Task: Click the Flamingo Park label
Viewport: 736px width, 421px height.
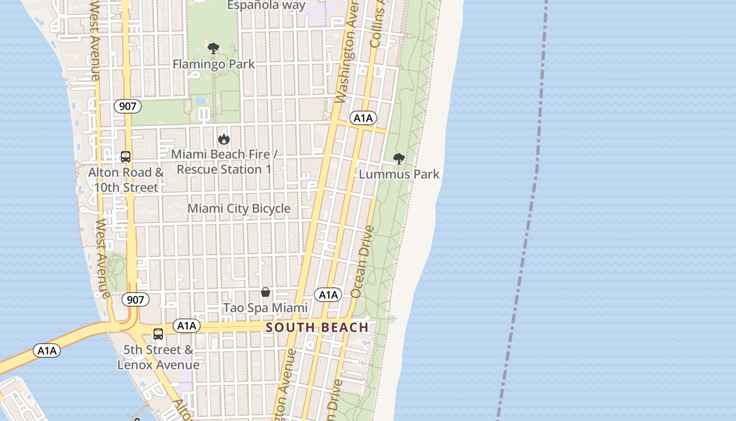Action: (214, 64)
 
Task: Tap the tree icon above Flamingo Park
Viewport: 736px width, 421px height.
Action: (213, 49)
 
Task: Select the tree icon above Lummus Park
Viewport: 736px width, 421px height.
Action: (399, 158)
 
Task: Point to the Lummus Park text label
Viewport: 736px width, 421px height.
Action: (399, 174)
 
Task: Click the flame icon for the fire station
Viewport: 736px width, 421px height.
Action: (224, 139)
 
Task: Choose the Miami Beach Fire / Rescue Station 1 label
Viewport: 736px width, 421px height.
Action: (224, 162)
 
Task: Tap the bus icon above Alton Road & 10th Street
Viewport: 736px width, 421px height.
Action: (126, 156)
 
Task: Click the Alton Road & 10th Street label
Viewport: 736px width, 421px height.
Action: (126, 180)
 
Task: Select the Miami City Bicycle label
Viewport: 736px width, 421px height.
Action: (239, 208)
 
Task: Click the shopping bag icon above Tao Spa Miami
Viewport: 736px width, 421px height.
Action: (265, 292)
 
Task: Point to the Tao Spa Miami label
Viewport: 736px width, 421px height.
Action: (265, 307)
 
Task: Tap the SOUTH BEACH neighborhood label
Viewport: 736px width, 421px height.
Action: (317, 327)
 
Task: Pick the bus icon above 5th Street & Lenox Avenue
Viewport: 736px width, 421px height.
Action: (158, 334)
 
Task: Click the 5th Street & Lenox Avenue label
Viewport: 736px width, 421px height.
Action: (158, 357)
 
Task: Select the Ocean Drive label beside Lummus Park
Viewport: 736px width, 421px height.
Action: (362, 262)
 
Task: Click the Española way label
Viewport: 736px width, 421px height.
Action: (266, 5)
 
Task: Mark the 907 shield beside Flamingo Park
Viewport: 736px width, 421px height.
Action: (127, 106)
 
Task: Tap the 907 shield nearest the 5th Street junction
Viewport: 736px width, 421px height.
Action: (135, 299)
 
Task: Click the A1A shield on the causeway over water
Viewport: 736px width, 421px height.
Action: (47, 350)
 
